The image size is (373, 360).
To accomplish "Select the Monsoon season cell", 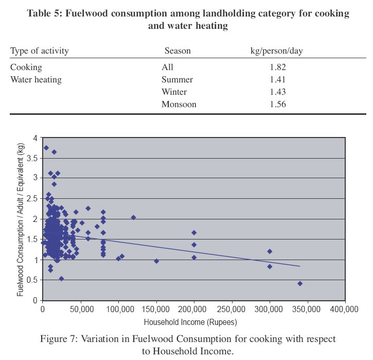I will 179,104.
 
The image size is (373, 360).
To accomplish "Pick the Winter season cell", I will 174,92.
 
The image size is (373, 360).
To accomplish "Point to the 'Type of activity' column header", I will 40,51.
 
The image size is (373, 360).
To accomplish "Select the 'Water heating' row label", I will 36,79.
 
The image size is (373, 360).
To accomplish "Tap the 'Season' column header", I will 177,51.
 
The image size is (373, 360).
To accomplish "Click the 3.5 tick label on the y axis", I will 32,158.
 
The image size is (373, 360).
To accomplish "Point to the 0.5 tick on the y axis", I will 32,280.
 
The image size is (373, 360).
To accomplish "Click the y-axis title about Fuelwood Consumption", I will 21,219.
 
